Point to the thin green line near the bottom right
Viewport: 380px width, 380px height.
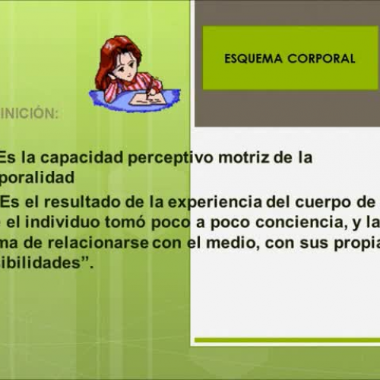(296, 340)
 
